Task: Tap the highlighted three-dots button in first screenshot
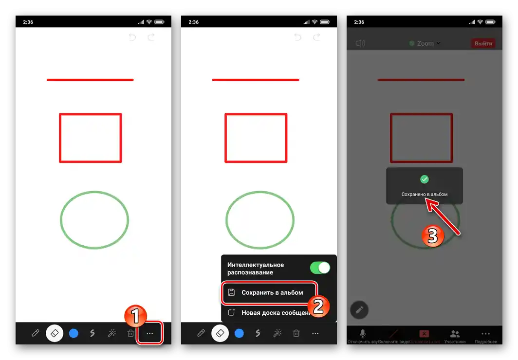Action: point(150,333)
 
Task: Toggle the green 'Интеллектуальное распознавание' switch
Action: point(320,268)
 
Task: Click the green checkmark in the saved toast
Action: point(425,179)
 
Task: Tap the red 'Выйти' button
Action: point(483,43)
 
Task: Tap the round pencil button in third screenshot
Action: point(359,309)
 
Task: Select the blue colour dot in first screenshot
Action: point(74,333)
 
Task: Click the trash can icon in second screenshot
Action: point(296,333)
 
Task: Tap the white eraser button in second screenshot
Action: point(220,333)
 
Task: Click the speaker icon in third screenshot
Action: point(360,43)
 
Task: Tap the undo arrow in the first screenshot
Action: point(132,37)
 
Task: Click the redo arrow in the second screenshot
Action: point(317,37)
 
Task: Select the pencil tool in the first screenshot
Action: point(36,333)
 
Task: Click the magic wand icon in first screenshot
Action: point(112,333)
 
